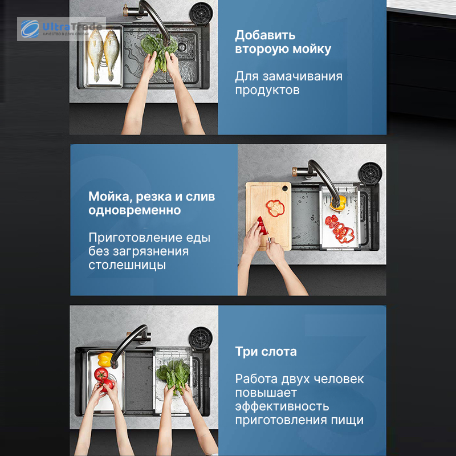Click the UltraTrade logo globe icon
[30, 29]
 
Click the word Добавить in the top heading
[265, 35]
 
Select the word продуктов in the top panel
[267, 90]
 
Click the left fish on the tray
[96, 54]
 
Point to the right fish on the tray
[111, 55]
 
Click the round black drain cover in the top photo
[201, 14]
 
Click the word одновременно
[135, 210]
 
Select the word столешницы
[127, 265]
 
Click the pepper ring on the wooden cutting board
[275, 207]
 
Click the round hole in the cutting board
[284, 189]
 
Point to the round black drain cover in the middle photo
[370, 174]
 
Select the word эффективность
[282, 406]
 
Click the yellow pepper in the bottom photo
[105, 360]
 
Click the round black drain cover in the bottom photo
[201, 338]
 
